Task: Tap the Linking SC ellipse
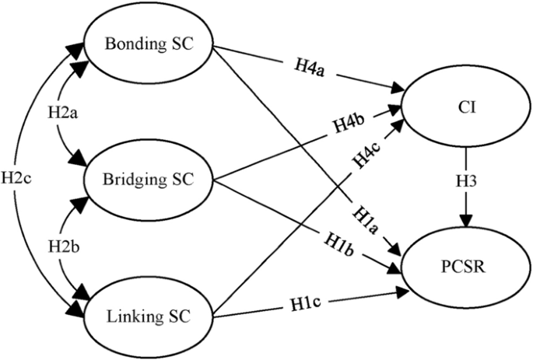pos(148,317)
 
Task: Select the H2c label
pos(16,178)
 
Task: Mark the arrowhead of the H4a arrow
pos(404,88)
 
